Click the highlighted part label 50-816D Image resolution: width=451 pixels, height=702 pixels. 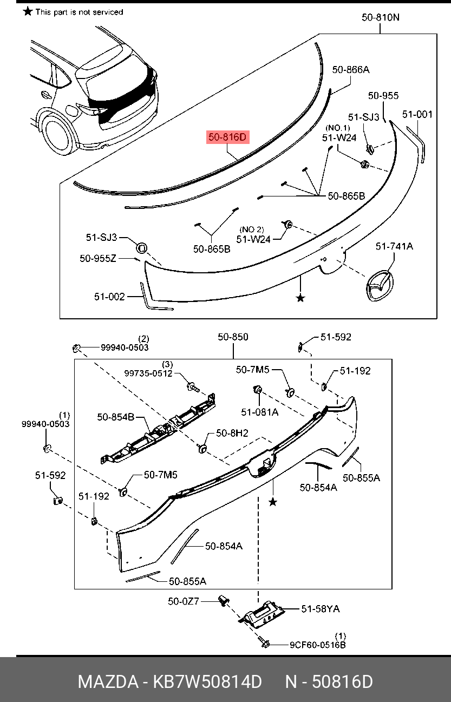[x=227, y=137]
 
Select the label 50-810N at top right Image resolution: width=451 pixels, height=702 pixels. [x=381, y=17]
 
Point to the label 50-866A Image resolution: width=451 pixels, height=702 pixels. [x=350, y=69]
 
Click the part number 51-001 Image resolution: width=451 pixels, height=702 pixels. [x=417, y=114]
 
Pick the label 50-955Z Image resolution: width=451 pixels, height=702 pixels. [x=98, y=259]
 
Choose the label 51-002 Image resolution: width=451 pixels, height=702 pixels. [x=109, y=297]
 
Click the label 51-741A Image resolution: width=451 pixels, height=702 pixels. [x=394, y=246]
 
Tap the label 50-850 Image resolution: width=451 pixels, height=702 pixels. [x=233, y=337]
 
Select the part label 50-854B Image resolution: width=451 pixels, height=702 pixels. [x=116, y=417]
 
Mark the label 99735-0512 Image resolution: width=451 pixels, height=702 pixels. [x=148, y=373]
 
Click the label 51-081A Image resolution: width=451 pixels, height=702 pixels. [x=260, y=412]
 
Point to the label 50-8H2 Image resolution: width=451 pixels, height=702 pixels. [x=232, y=433]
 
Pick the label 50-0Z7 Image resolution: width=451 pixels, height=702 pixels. [x=184, y=601]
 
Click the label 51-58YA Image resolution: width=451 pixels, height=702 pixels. [x=321, y=609]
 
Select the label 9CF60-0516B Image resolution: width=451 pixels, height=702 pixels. [x=317, y=645]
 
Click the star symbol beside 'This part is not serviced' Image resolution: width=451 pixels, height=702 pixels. [x=28, y=11]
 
